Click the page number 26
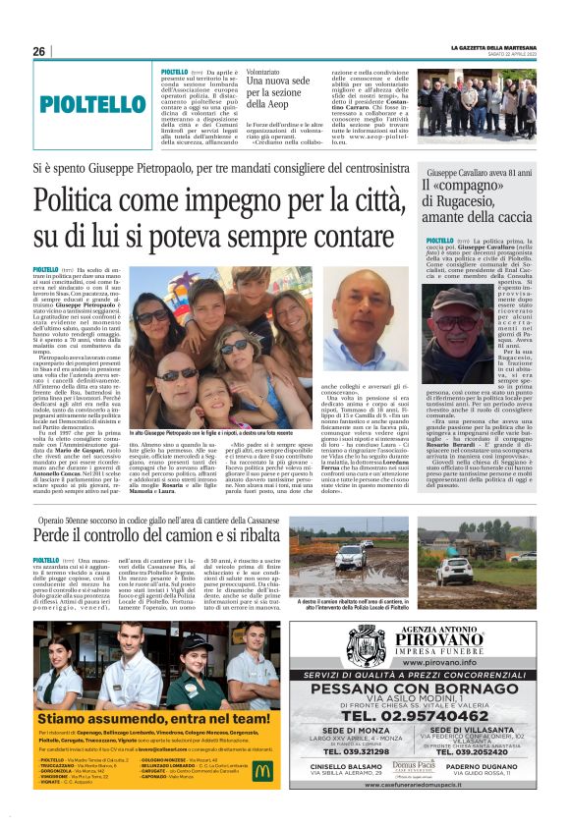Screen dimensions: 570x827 (39, 51)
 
